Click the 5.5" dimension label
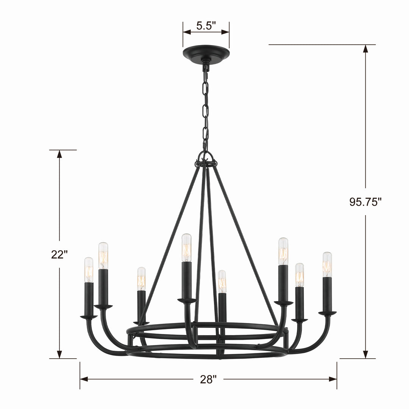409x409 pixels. click(206, 26)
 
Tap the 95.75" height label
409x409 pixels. click(365, 202)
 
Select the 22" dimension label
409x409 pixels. click(59, 254)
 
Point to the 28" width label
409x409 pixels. click(208, 379)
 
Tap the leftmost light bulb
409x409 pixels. click(89, 270)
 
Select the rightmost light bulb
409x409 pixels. click(327, 264)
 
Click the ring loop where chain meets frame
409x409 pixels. click(206, 157)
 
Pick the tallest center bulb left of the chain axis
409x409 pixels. click(186, 248)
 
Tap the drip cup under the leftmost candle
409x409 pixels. click(89, 317)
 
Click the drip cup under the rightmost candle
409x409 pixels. click(327, 313)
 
